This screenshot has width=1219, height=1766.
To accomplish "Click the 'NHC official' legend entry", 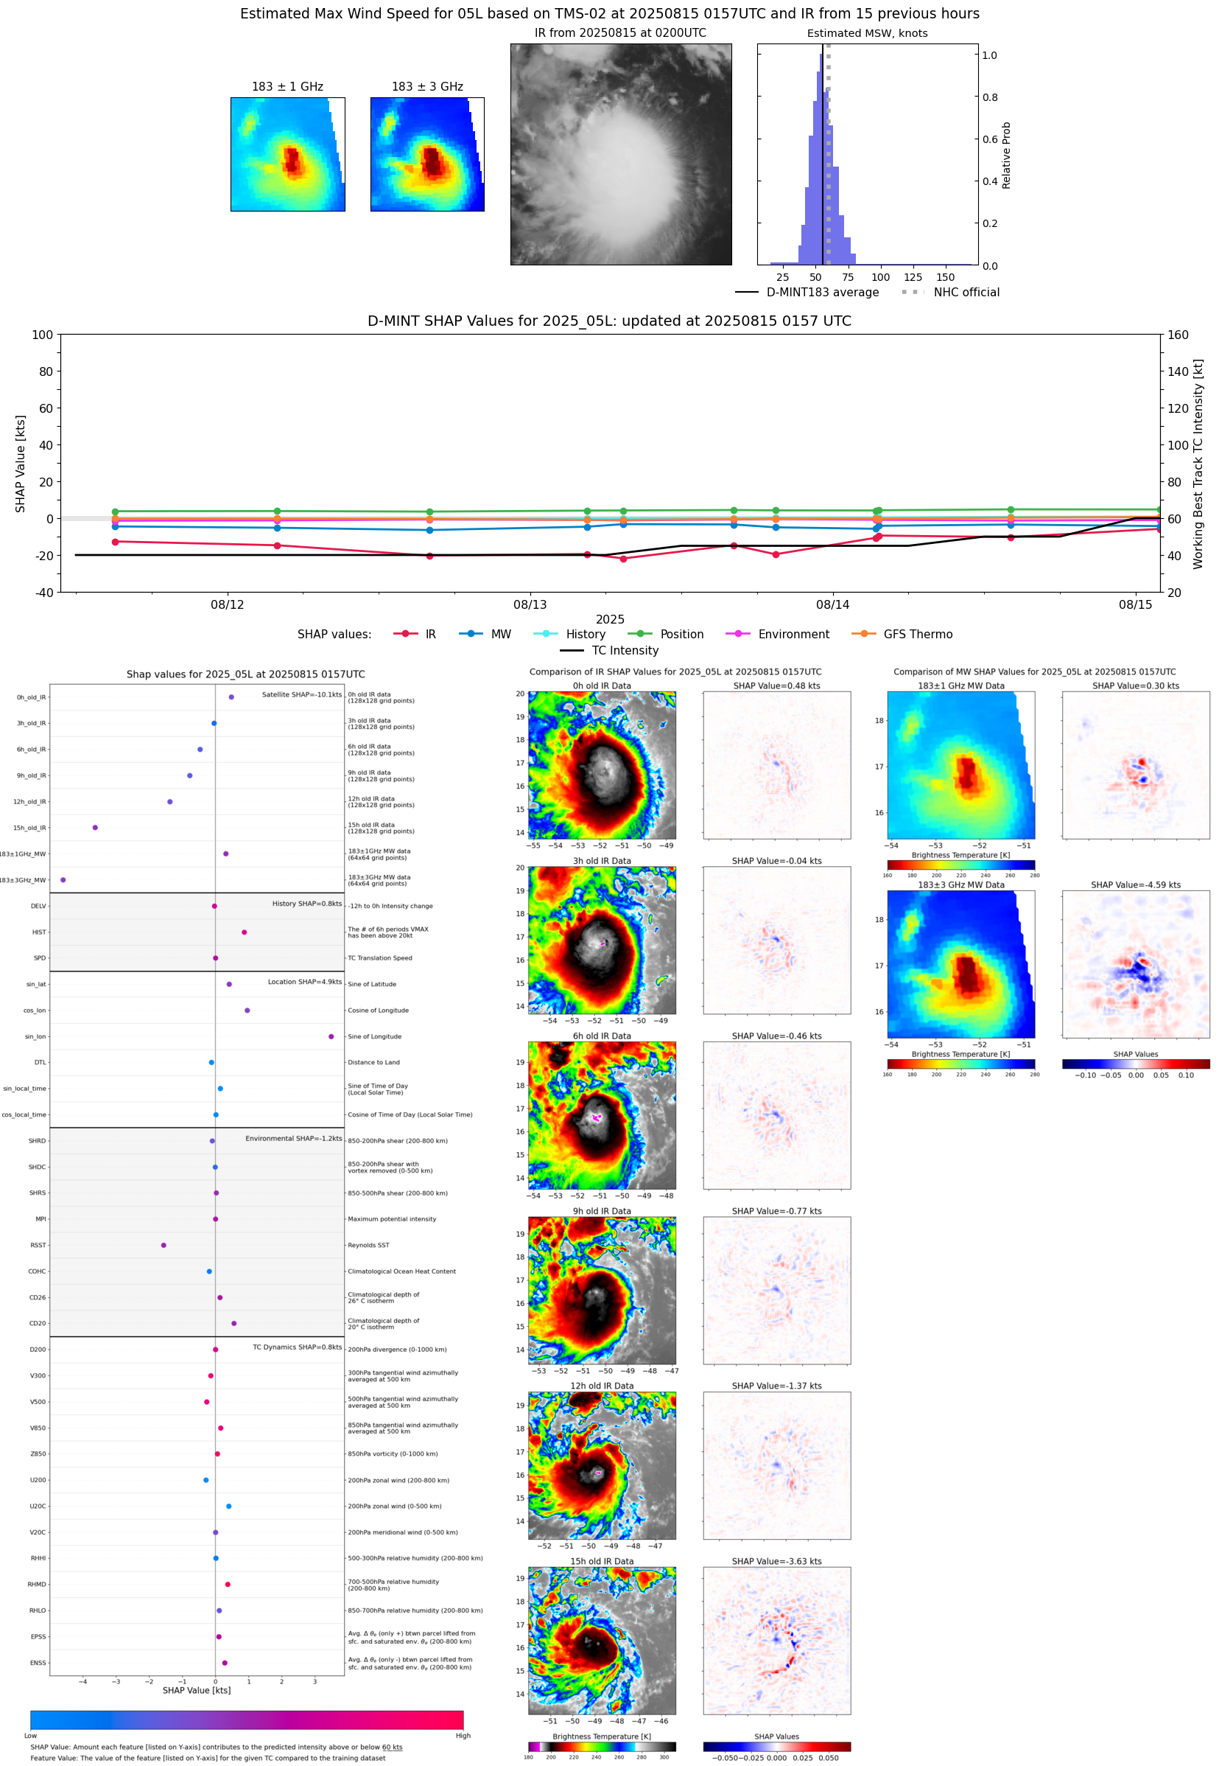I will tap(966, 292).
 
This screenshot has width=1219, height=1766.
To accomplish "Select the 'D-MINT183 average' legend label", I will tap(822, 292).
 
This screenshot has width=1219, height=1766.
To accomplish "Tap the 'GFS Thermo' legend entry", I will tap(917, 635).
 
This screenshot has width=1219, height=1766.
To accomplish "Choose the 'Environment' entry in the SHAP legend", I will tap(793, 635).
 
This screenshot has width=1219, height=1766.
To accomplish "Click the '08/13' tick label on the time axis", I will tap(530, 604).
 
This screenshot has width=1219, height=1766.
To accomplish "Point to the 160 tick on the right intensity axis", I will tap(1178, 335).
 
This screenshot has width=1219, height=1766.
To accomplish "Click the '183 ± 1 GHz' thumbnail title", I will tap(287, 87).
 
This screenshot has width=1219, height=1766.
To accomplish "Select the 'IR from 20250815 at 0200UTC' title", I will tap(619, 33).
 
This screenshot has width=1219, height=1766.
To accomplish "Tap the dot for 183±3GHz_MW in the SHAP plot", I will tap(63, 880).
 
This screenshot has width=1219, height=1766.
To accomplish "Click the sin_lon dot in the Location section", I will tap(331, 1037).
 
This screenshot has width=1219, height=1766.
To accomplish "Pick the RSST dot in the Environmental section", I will tap(164, 1246).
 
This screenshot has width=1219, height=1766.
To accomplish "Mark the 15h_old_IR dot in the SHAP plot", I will tap(95, 828).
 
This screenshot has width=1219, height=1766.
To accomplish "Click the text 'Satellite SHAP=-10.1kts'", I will tap(302, 694).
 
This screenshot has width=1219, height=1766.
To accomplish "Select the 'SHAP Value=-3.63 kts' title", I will tap(776, 1561).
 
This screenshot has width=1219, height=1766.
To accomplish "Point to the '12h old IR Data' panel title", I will tap(601, 1386).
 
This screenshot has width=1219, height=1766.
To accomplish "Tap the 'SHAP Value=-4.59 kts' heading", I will tap(1135, 885).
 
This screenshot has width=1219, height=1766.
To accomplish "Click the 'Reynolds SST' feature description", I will tap(368, 1246).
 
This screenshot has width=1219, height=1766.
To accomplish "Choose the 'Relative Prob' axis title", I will tap(1006, 155).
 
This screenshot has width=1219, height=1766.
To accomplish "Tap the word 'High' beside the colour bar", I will tap(463, 1736).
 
